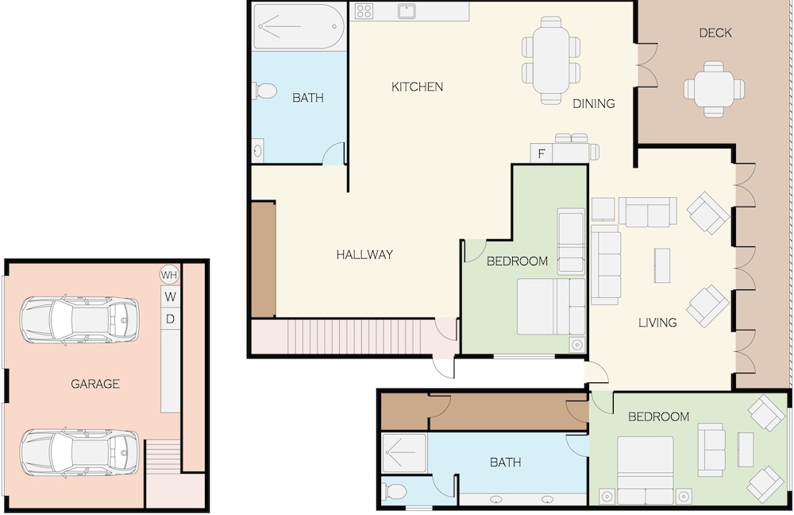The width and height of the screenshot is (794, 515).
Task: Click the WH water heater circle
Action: point(170,275)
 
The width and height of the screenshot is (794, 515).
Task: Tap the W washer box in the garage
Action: point(171,296)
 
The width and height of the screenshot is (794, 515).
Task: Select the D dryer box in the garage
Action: point(171,319)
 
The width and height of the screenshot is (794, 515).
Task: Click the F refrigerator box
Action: point(542,153)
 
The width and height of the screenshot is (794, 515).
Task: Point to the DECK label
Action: point(715,33)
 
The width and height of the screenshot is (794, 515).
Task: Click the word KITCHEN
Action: point(418,87)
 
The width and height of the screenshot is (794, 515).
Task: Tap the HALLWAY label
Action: point(364,254)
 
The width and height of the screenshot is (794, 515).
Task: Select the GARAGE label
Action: point(95,384)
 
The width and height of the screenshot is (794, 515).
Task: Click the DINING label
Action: point(593,103)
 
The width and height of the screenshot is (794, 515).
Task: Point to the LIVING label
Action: point(657,323)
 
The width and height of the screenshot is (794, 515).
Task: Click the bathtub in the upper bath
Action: point(299,27)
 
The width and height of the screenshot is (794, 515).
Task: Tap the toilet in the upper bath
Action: point(265,91)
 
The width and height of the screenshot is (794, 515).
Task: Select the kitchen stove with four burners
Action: point(364,11)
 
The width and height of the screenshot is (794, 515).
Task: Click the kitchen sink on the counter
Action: point(406,11)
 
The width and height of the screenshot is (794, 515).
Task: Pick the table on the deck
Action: point(714,89)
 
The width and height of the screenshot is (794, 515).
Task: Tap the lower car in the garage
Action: point(79,453)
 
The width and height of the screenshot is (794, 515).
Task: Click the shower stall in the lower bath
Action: point(404,453)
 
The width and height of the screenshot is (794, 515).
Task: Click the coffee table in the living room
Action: point(662,265)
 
